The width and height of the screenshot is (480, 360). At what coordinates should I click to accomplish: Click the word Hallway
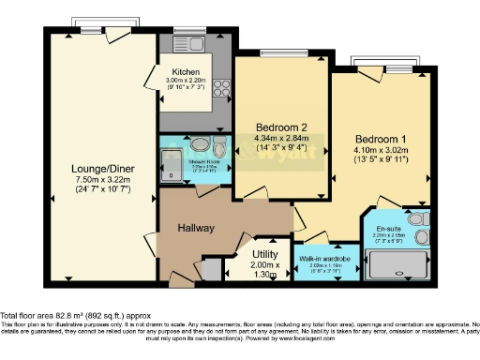coord(196,228)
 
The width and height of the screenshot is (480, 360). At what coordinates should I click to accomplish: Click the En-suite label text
coord(389,228)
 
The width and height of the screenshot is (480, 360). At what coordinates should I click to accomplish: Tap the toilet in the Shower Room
coord(218,151)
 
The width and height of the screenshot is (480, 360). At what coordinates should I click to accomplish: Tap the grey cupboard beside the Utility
coord(213,267)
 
